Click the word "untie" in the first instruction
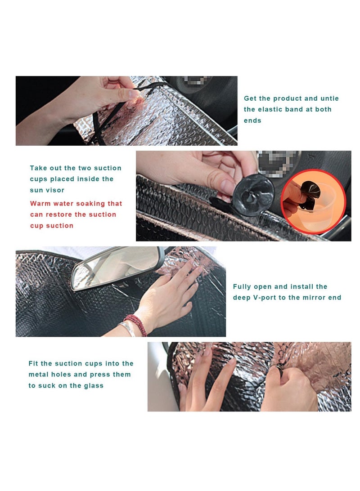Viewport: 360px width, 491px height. tap(329, 98)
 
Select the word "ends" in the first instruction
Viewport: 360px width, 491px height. tap(252, 121)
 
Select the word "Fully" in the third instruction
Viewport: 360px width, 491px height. tap(242, 286)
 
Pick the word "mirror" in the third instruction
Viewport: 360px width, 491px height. tap(315, 298)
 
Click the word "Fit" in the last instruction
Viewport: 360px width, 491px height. tap(33, 363)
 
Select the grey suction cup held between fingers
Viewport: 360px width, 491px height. tap(253, 195)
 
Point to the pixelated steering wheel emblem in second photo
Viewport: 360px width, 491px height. tap(276, 163)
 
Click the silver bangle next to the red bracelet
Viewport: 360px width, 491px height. tap(127, 329)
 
